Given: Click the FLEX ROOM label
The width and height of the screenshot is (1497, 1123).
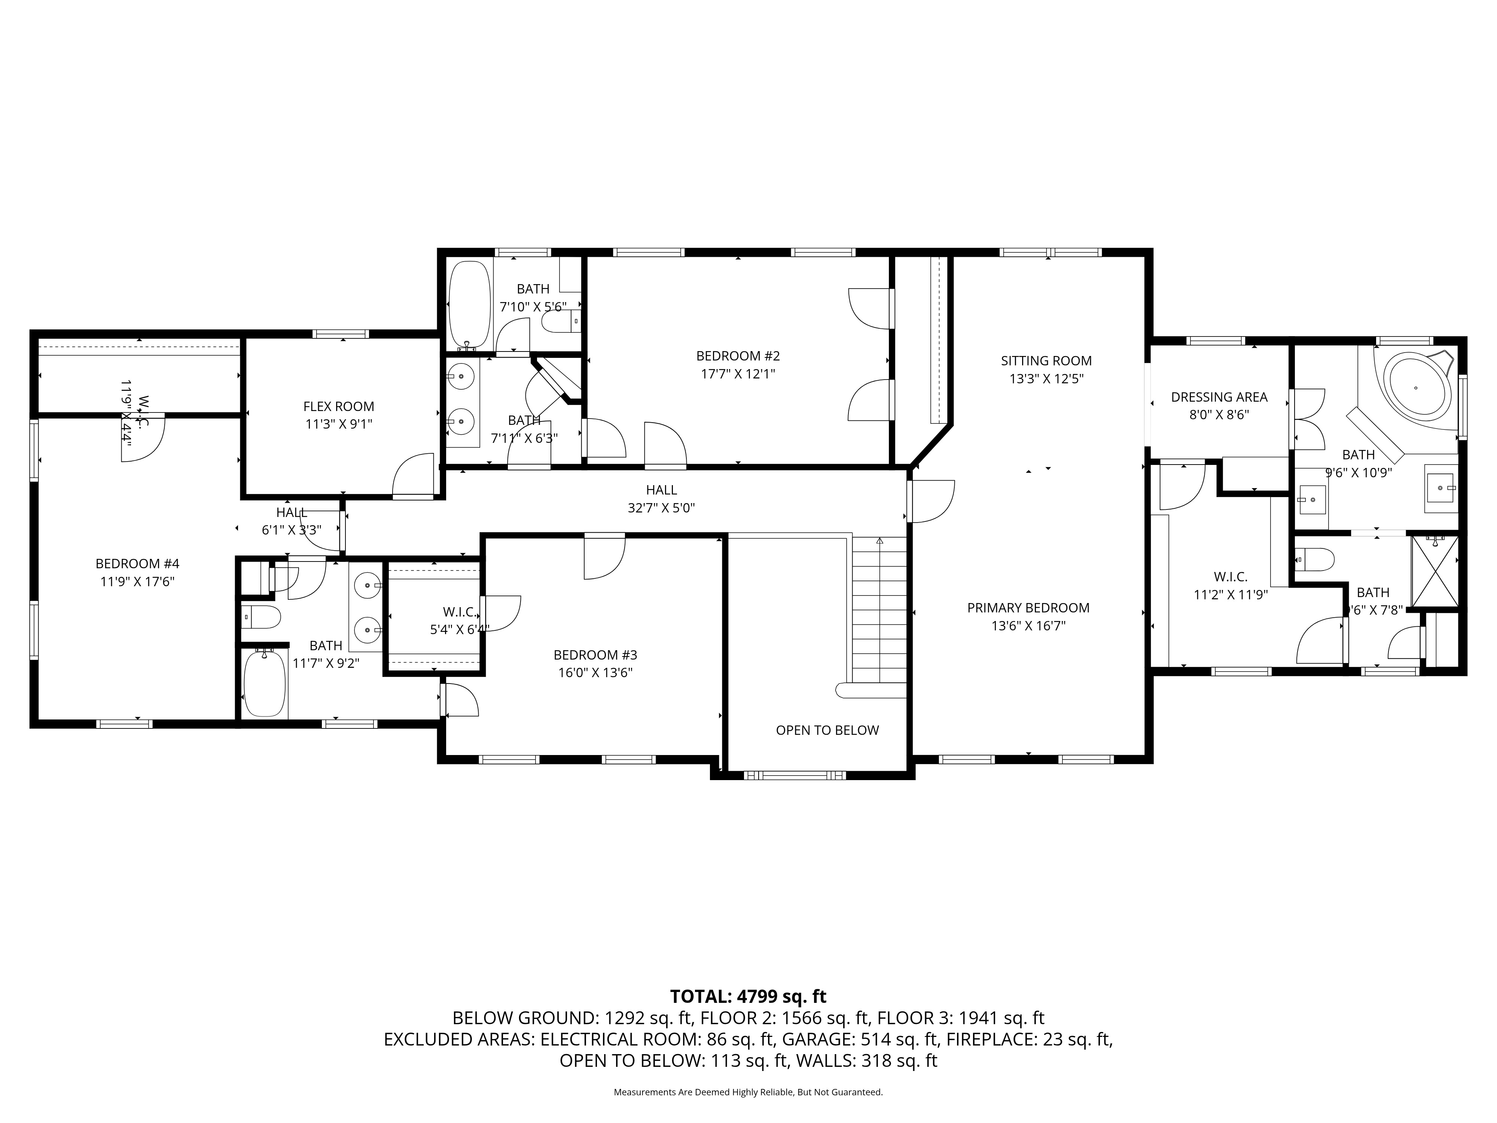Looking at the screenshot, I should (338, 406).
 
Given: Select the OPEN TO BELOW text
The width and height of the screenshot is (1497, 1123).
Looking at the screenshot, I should (827, 730).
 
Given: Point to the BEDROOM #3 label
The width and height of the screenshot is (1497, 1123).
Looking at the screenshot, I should (595, 655).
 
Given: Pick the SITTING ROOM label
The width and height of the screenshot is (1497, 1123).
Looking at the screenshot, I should (1046, 361).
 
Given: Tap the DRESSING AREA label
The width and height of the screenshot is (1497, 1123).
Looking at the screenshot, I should (1219, 397).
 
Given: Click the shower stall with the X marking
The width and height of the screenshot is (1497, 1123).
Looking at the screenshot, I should (1433, 570).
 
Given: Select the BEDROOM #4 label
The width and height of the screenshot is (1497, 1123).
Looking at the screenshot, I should (137, 563).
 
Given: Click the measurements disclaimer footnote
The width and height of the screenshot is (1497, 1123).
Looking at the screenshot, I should (748, 1092).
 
